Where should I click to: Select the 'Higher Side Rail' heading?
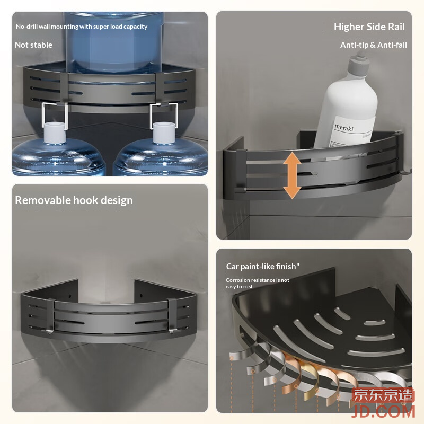[369, 26]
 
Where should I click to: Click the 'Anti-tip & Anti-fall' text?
[373, 45]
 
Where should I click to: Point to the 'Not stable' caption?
[33, 45]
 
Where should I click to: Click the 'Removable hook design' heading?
[74, 200]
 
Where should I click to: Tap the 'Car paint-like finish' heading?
[262, 267]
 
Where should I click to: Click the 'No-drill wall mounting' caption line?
[82, 26]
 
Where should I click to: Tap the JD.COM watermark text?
[383, 411]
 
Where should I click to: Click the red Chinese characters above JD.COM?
[383, 395]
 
